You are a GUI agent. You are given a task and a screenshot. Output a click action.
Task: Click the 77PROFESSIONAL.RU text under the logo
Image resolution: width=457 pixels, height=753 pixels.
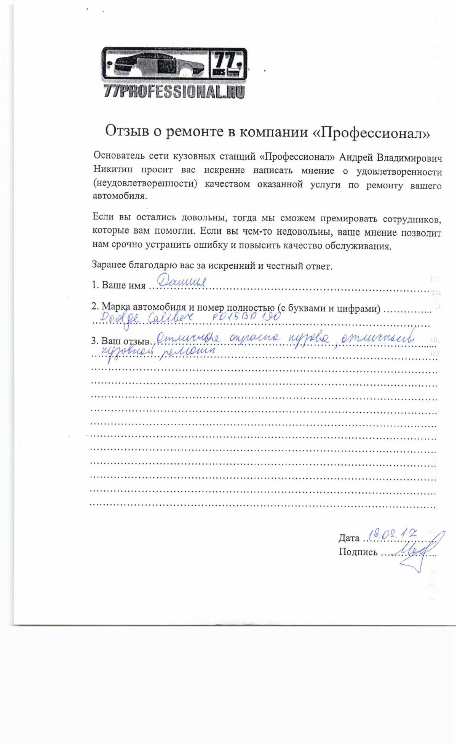point(174,92)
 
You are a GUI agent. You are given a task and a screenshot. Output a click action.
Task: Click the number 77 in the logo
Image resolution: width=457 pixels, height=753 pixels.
point(227,60)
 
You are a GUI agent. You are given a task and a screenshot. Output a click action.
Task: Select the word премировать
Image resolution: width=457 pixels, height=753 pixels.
point(348,219)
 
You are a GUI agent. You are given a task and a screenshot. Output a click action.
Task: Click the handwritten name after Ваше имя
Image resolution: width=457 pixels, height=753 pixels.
point(182,282)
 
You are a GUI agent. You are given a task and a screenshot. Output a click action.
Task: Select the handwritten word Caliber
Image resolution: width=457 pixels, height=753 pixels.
point(170,317)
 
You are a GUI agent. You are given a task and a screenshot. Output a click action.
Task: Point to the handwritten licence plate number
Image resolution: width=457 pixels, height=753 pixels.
point(246,316)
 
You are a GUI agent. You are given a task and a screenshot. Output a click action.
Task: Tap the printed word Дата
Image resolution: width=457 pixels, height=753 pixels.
point(349,538)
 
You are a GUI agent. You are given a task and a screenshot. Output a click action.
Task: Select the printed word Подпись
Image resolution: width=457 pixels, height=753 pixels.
point(358,552)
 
